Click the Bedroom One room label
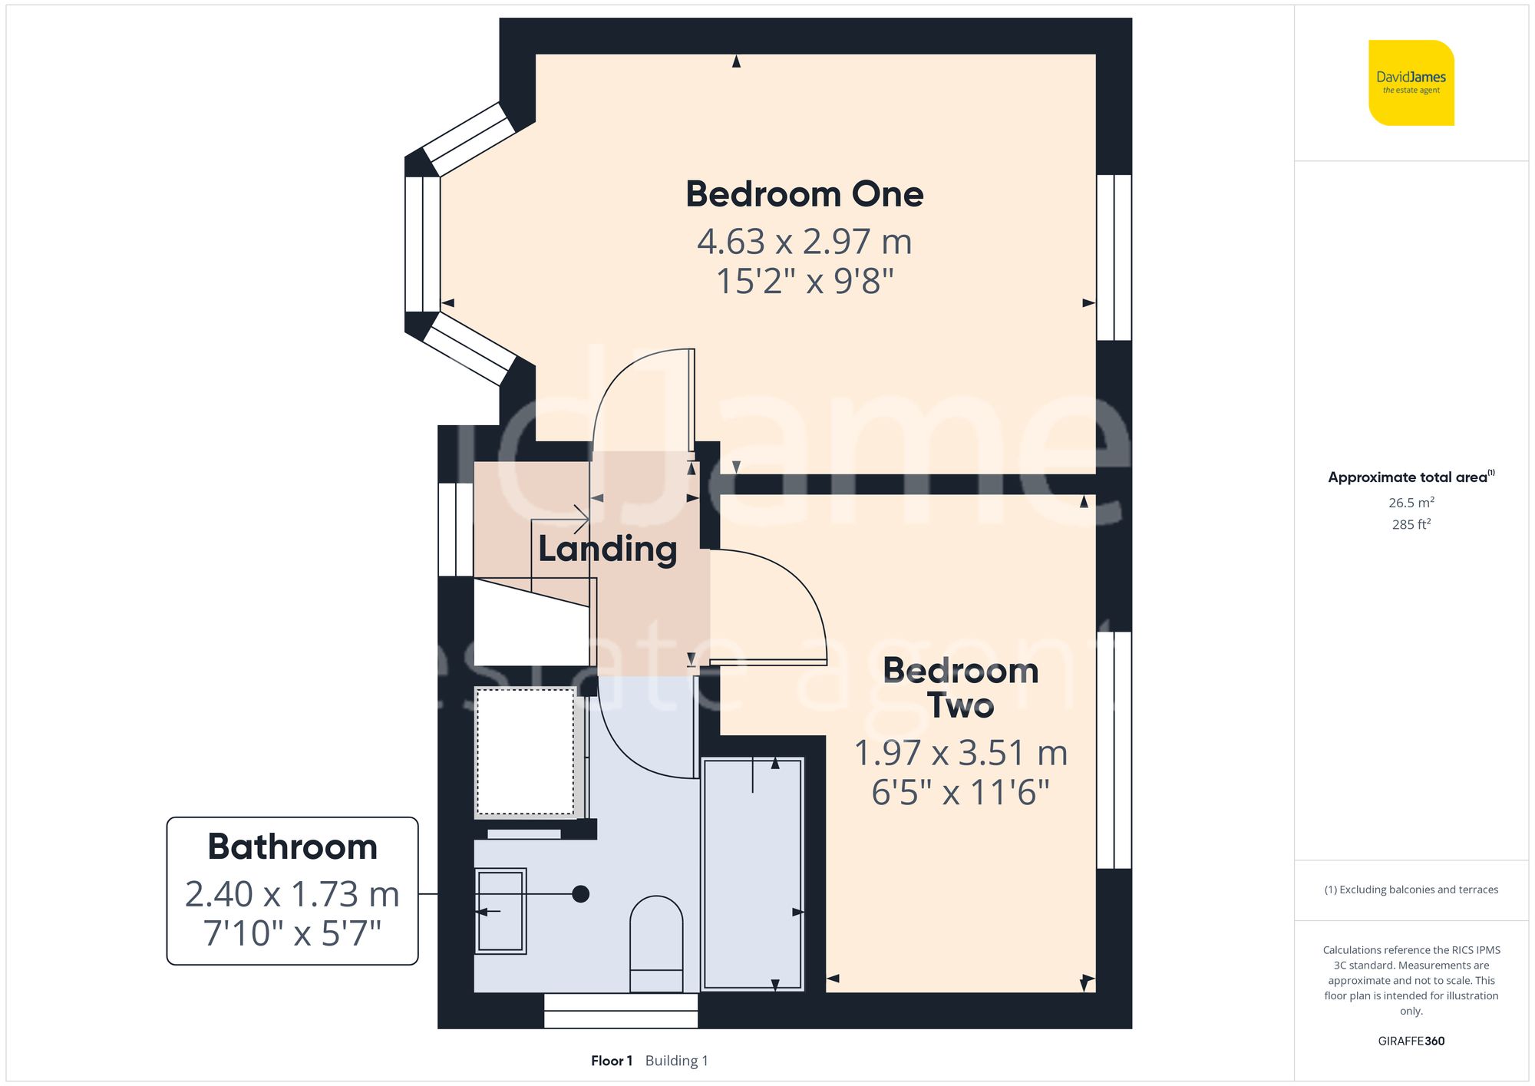[x=804, y=193]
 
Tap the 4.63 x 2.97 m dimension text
[x=804, y=242]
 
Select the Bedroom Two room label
[x=960, y=688]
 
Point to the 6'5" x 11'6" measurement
[x=960, y=793]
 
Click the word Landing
[x=607, y=550]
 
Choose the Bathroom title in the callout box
[x=292, y=847]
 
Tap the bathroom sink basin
[x=500, y=911]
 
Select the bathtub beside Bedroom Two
[x=752, y=873]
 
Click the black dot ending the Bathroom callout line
[x=581, y=894]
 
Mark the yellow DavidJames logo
[x=1411, y=83]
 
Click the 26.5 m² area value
[x=1411, y=503]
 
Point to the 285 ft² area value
[x=1411, y=524]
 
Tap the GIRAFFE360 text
[x=1411, y=1041]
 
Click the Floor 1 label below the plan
[x=611, y=1061]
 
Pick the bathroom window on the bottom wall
[x=621, y=1011]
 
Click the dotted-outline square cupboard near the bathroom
[x=525, y=751]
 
